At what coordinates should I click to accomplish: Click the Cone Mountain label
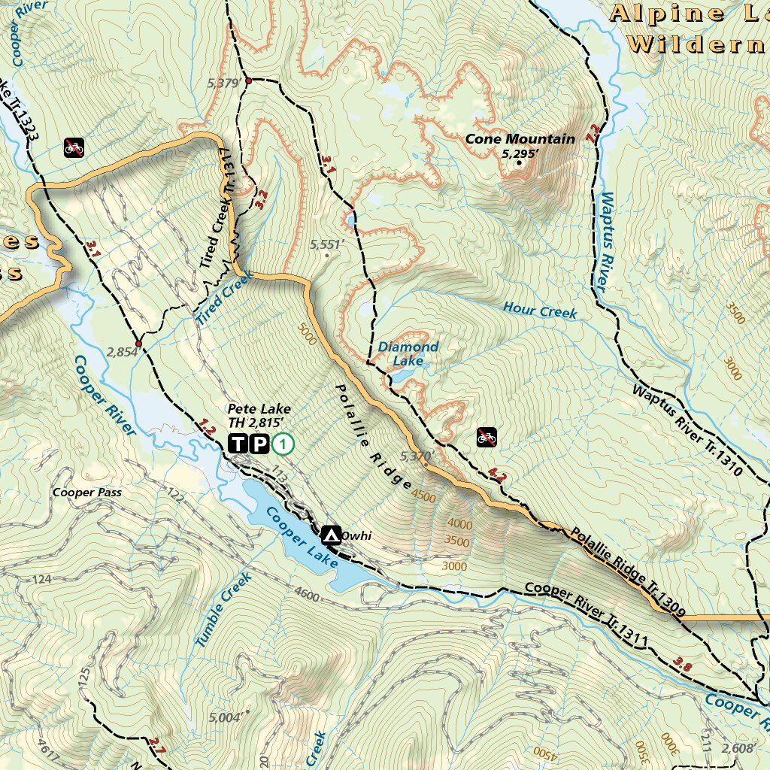(520, 138)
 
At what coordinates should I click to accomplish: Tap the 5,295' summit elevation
(520, 153)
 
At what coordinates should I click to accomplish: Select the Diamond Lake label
(408, 353)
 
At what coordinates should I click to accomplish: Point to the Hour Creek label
(540, 310)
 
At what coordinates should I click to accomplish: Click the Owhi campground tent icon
(329, 535)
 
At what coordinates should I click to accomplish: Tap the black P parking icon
(258, 444)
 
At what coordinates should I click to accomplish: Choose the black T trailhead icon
(238, 444)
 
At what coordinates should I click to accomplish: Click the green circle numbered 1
(283, 444)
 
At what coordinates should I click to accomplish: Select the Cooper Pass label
(87, 493)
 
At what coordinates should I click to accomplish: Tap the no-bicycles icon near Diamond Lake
(487, 436)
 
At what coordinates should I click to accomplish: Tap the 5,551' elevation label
(326, 244)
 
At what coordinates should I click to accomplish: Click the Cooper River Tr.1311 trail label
(586, 614)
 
